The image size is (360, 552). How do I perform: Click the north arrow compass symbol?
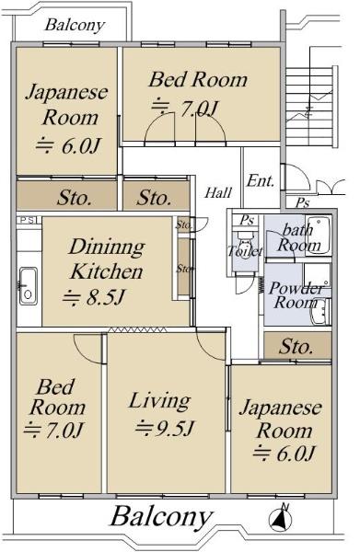point(281,518)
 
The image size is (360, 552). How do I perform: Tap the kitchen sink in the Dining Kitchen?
point(28,286)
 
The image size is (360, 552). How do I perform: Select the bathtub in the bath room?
point(319,235)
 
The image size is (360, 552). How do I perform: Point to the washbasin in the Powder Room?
point(319,312)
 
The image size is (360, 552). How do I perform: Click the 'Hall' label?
point(218,192)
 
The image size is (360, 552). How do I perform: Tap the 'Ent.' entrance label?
point(261,181)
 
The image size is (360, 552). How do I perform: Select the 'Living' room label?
point(159,401)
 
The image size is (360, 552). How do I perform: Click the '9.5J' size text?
point(165,428)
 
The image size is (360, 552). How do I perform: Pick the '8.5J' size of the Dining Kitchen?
point(94,297)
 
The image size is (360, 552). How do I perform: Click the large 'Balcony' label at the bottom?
point(162,517)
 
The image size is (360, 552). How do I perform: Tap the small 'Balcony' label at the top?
point(75,25)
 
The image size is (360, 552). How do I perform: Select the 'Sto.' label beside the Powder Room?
point(296,347)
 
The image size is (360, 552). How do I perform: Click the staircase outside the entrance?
point(309,106)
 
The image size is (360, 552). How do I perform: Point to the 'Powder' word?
point(296,289)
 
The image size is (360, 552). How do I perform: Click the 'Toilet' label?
point(246,251)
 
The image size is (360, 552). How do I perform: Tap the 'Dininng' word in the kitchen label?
point(107,247)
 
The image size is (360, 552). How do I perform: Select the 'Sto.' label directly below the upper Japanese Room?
point(75,198)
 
